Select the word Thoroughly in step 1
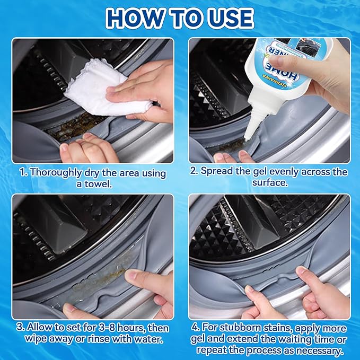click(x=57, y=172)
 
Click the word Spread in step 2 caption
click(x=218, y=172)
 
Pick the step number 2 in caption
click(x=194, y=172)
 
